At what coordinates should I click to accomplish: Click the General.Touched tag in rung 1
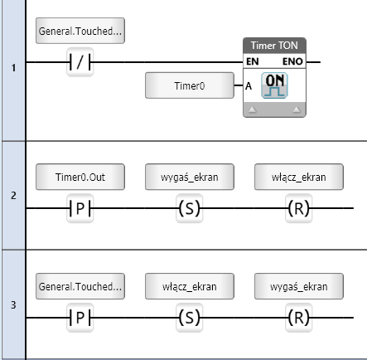[80, 31]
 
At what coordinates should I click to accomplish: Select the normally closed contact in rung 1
[80, 62]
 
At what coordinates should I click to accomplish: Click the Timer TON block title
[274, 46]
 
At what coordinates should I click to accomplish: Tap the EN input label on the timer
[253, 61]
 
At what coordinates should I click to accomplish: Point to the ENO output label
[292, 61]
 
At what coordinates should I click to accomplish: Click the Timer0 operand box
[190, 85]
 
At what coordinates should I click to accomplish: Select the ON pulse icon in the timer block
[274, 85]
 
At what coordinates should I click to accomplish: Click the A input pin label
[249, 86]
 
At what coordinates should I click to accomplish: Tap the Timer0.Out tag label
[80, 177]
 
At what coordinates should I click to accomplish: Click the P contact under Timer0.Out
[80, 208]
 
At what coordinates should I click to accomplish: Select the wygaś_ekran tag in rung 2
[190, 177]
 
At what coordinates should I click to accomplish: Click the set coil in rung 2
[190, 208]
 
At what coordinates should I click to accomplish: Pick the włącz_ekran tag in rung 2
[299, 177]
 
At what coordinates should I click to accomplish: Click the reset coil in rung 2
[299, 208]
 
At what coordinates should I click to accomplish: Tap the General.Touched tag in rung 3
[80, 286]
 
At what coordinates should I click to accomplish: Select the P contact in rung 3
[80, 318]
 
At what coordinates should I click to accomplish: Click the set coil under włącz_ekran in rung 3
[190, 318]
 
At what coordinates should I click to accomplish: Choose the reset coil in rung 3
[299, 318]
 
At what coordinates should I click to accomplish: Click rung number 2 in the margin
[13, 196]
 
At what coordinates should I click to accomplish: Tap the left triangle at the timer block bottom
[253, 109]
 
